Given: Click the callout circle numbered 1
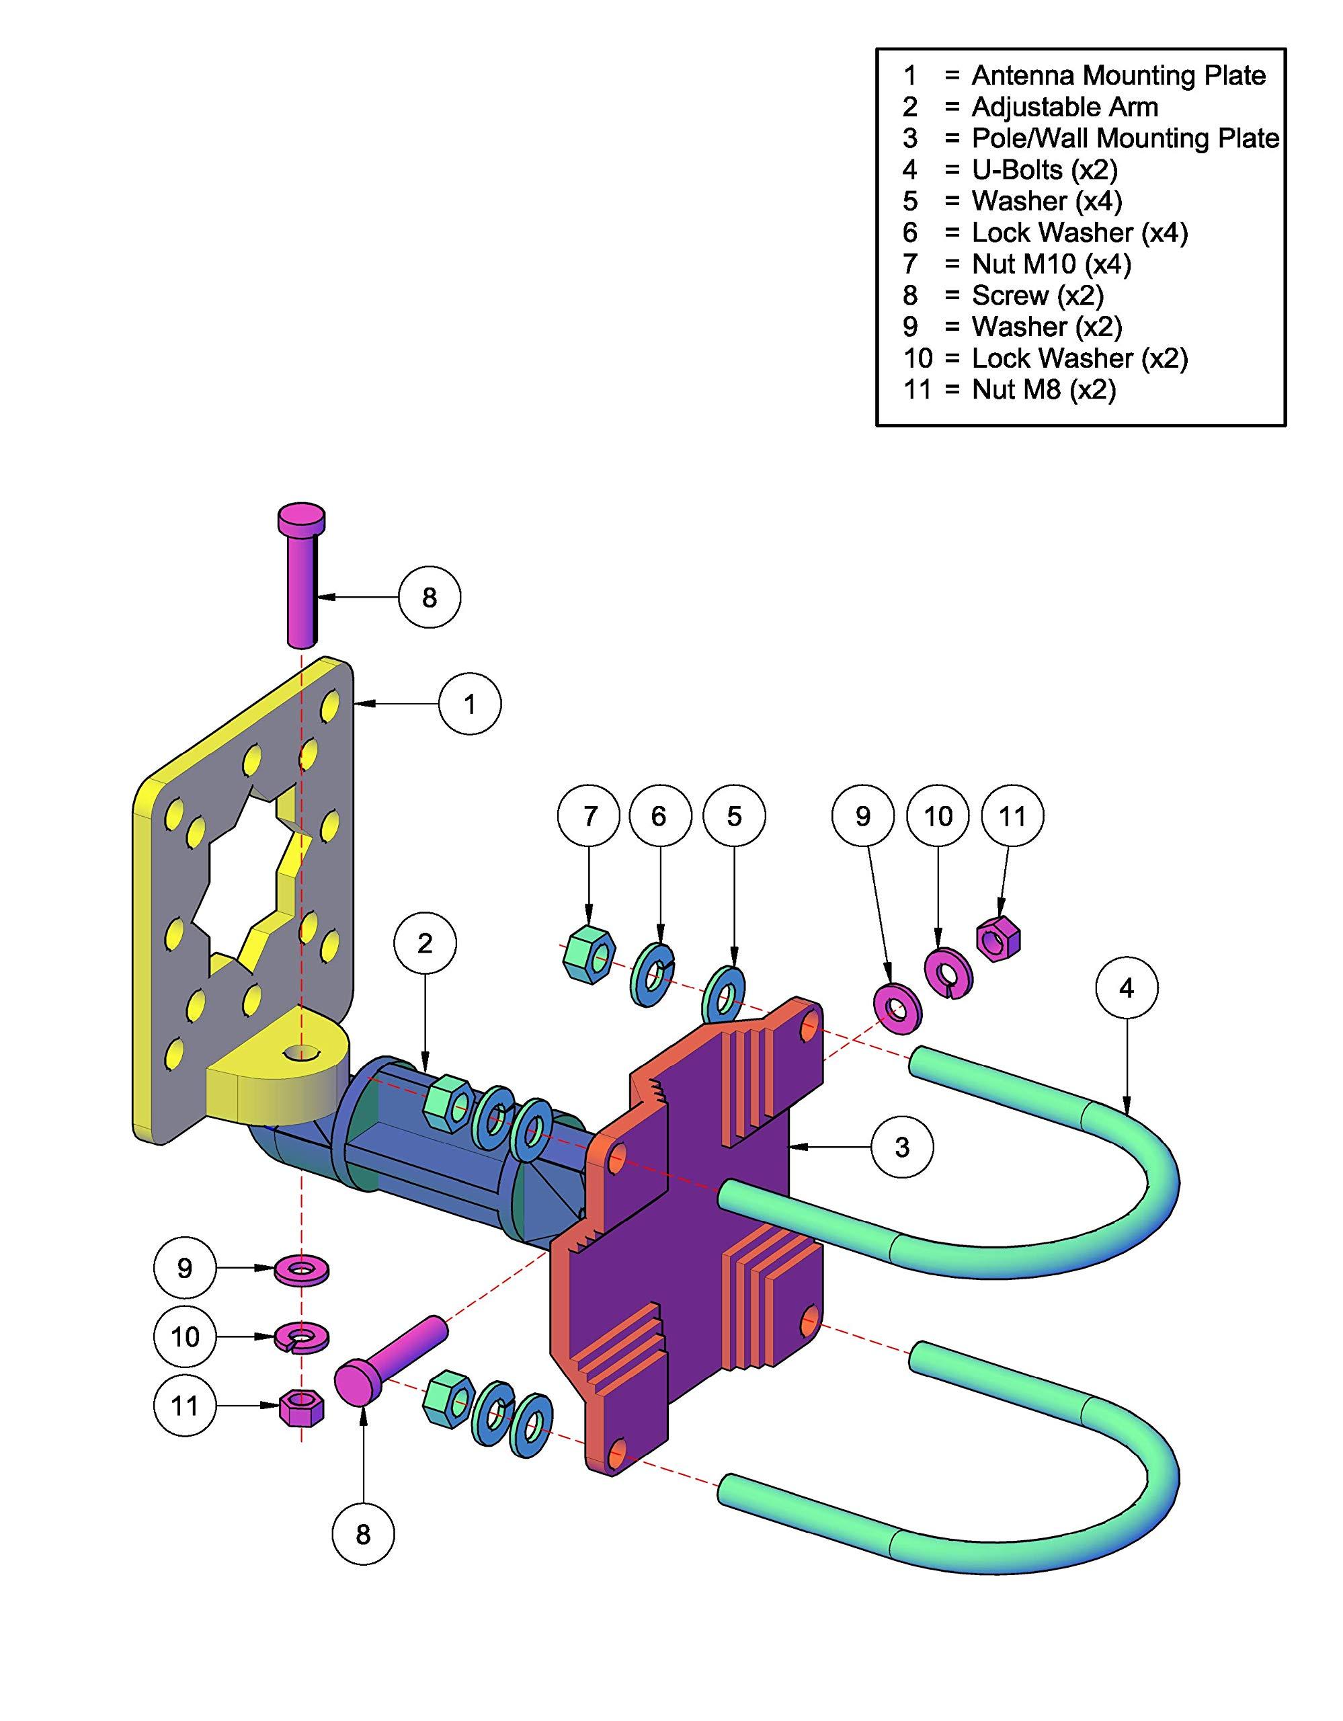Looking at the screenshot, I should point(469,704).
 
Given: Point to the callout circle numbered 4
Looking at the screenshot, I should point(1127,988).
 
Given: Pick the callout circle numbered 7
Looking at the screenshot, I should point(590,816).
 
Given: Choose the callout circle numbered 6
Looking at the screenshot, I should point(659,816).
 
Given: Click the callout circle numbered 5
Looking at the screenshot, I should point(734,816).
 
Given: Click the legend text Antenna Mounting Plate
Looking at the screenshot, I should point(1118,76).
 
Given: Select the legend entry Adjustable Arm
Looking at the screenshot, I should point(1065,107).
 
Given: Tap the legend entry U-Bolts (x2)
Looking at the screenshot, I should point(1045,169).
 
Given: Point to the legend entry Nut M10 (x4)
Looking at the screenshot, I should point(1051,264).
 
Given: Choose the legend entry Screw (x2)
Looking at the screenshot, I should point(1037,296).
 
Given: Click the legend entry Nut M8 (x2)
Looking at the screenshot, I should point(1044,389).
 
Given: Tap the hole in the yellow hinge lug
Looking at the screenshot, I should point(302,1052).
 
